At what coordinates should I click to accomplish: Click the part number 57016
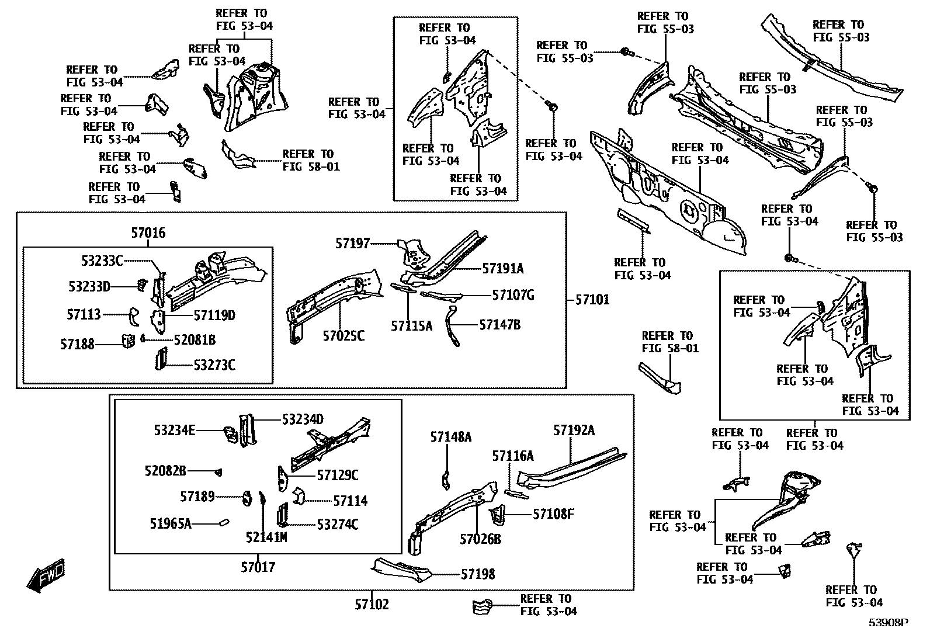pyautogui.click(x=148, y=233)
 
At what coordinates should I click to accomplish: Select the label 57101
pyautogui.click(x=592, y=300)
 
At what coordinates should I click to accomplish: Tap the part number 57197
pyautogui.click(x=352, y=243)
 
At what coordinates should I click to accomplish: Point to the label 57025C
pyautogui.click(x=343, y=336)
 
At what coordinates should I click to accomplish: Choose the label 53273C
pyautogui.click(x=214, y=365)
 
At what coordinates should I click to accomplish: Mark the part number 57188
pyautogui.click(x=77, y=344)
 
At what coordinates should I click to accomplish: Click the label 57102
pyautogui.click(x=372, y=604)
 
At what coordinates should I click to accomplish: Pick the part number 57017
pyautogui.click(x=258, y=567)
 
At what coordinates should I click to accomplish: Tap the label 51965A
pyautogui.click(x=171, y=523)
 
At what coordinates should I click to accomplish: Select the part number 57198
pyautogui.click(x=478, y=574)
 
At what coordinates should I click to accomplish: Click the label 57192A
pyautogui.click(x=574, y=431)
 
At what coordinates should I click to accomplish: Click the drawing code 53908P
pyautogui.click(x=888, y=623)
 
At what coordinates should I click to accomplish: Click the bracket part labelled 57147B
pyautogui.click(x=452, y=325)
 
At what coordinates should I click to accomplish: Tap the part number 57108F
pyautogui.click(x=553, y=514)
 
